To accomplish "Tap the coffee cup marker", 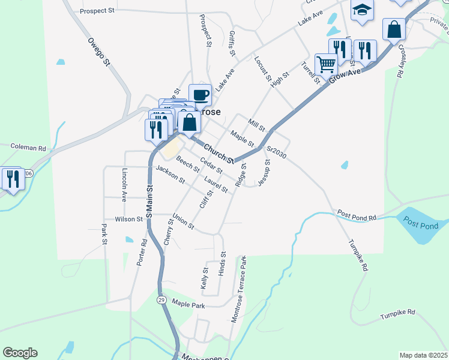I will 200,94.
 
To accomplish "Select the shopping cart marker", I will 326,64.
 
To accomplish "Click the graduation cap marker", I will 362,10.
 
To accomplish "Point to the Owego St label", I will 99,52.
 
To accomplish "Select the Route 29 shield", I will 161,299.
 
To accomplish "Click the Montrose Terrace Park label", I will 238,288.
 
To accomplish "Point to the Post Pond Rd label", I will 356,215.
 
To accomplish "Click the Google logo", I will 20,353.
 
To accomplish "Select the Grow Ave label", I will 345,76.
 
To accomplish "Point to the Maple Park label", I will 188,305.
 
